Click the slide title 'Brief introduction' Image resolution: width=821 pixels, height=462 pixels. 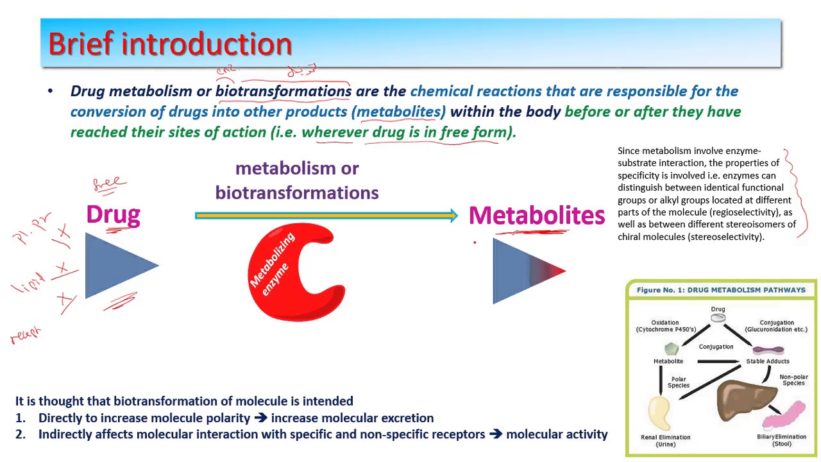[170, 44]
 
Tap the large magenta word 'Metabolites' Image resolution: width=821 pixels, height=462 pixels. [536, 216]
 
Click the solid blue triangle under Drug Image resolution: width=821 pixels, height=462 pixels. [115, 265]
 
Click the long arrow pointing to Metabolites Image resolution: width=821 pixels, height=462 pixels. [326, 216]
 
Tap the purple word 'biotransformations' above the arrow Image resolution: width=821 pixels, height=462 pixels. [296, 193]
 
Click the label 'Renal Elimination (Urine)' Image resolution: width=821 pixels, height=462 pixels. [664, 440]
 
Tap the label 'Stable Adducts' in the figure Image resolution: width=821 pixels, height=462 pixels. [767, 361]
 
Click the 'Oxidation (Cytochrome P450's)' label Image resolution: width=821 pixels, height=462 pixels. [664, 326]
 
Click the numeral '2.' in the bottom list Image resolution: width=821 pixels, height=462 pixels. [21, 434]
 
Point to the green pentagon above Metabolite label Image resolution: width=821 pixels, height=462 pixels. [671, 349]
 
